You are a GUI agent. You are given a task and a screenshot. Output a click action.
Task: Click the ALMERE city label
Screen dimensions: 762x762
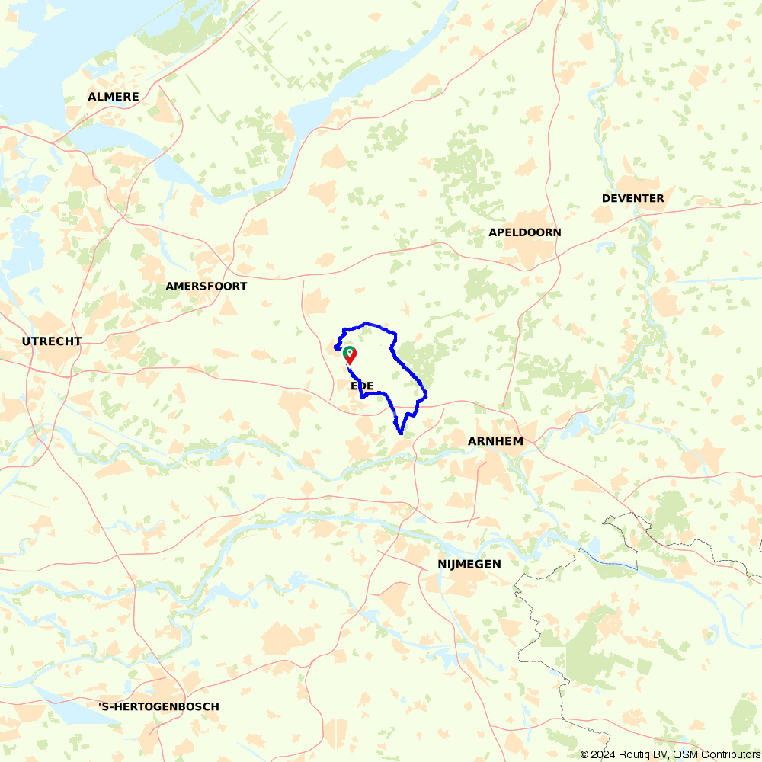click(114, 97)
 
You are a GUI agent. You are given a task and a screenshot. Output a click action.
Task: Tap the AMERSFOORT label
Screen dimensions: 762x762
click(207, 287)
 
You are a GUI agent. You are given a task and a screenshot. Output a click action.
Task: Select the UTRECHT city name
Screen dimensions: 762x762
click(52, 341)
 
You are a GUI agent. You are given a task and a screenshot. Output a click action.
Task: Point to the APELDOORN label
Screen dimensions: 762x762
click(525, 232)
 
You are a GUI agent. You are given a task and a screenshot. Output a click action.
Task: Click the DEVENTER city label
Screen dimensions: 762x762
click(632, 198)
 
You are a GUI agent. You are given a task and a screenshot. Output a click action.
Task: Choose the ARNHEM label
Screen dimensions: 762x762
click(495, 441)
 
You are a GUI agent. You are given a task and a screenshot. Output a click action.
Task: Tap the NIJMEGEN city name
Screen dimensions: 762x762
click(469, 564)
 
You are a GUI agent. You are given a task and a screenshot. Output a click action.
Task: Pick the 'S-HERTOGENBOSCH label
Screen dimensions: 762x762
click(159, 706)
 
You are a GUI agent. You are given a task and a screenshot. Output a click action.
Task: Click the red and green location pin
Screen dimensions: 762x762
click(350, 354)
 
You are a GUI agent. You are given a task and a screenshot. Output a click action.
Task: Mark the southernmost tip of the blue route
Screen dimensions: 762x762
click(401, 434)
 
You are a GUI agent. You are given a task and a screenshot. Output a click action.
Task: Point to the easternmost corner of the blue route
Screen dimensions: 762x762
click(426, 396)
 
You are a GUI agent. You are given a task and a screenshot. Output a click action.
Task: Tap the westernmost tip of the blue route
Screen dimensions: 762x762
click(335, 348)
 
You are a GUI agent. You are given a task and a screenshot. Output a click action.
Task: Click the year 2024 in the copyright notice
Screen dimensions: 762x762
click(603, 754)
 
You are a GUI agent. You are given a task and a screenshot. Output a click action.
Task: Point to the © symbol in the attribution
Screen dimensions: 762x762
click(584, 754)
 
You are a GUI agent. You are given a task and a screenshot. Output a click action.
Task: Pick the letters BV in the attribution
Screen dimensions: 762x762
click(658, 754)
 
